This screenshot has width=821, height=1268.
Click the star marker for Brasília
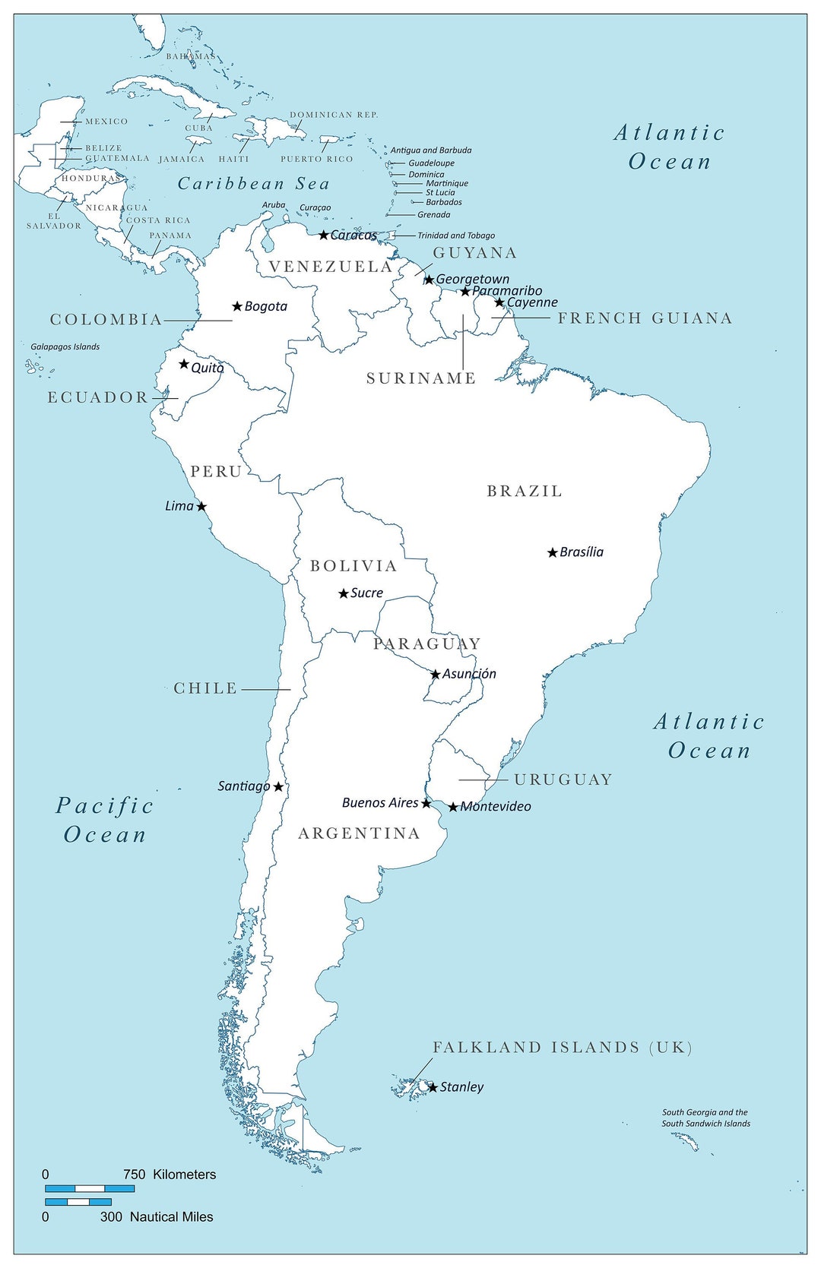coord(553,552)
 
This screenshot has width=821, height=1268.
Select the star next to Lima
coord(201,506)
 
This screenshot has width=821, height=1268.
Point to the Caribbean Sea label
coord(254,184)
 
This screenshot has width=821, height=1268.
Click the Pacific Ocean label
coord(105,820)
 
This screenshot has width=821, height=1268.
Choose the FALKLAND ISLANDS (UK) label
coord(563,1048)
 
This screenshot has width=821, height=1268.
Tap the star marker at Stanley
coord(433,1087)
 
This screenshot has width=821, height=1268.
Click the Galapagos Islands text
coord(65,347)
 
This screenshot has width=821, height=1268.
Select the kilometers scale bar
coord(90,1188)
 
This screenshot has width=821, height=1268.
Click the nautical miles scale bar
coord(78,1202)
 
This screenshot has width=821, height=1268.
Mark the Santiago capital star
coord(279,787)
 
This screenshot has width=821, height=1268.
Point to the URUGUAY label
coord(563,779)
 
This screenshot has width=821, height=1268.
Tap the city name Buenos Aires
coord(380,803)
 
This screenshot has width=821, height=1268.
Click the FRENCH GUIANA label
coord(645,318)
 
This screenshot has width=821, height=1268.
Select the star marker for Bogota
coord(237,306)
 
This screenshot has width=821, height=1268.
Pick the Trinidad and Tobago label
coord(456,236)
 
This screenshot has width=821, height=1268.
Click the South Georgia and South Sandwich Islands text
coord(705,1118)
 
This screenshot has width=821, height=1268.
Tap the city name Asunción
coord(469,674)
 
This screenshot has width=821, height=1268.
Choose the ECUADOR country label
coord(98,397)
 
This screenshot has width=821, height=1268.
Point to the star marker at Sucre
coord(344,593)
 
